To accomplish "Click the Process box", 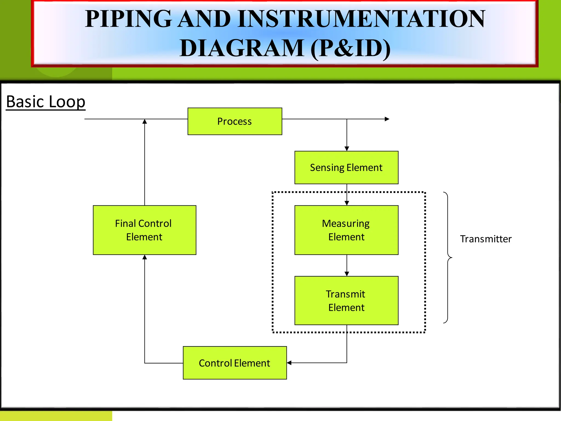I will coord(235,121).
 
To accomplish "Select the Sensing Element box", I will coord(346,167).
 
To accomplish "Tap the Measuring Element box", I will coord(346,230).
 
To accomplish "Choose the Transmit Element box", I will coord(346,300).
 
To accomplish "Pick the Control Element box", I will coord(235,363).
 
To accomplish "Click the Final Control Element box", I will coord(144,230).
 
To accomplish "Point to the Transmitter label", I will coord(485,239).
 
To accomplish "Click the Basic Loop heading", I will coord(46,102).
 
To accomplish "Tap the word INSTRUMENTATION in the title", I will coord(362,19).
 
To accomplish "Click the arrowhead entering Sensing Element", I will coord(347,149).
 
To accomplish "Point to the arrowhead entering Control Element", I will coord(289,363).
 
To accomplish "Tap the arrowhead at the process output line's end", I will coord(387,119).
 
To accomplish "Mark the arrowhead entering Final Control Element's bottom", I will coord(145,257).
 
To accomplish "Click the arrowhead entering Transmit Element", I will coord(347,274).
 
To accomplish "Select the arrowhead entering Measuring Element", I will coord(347,203).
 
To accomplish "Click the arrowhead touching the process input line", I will coord(145,121).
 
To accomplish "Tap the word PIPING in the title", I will coord(128,19).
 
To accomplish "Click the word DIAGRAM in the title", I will coord(242,48).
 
